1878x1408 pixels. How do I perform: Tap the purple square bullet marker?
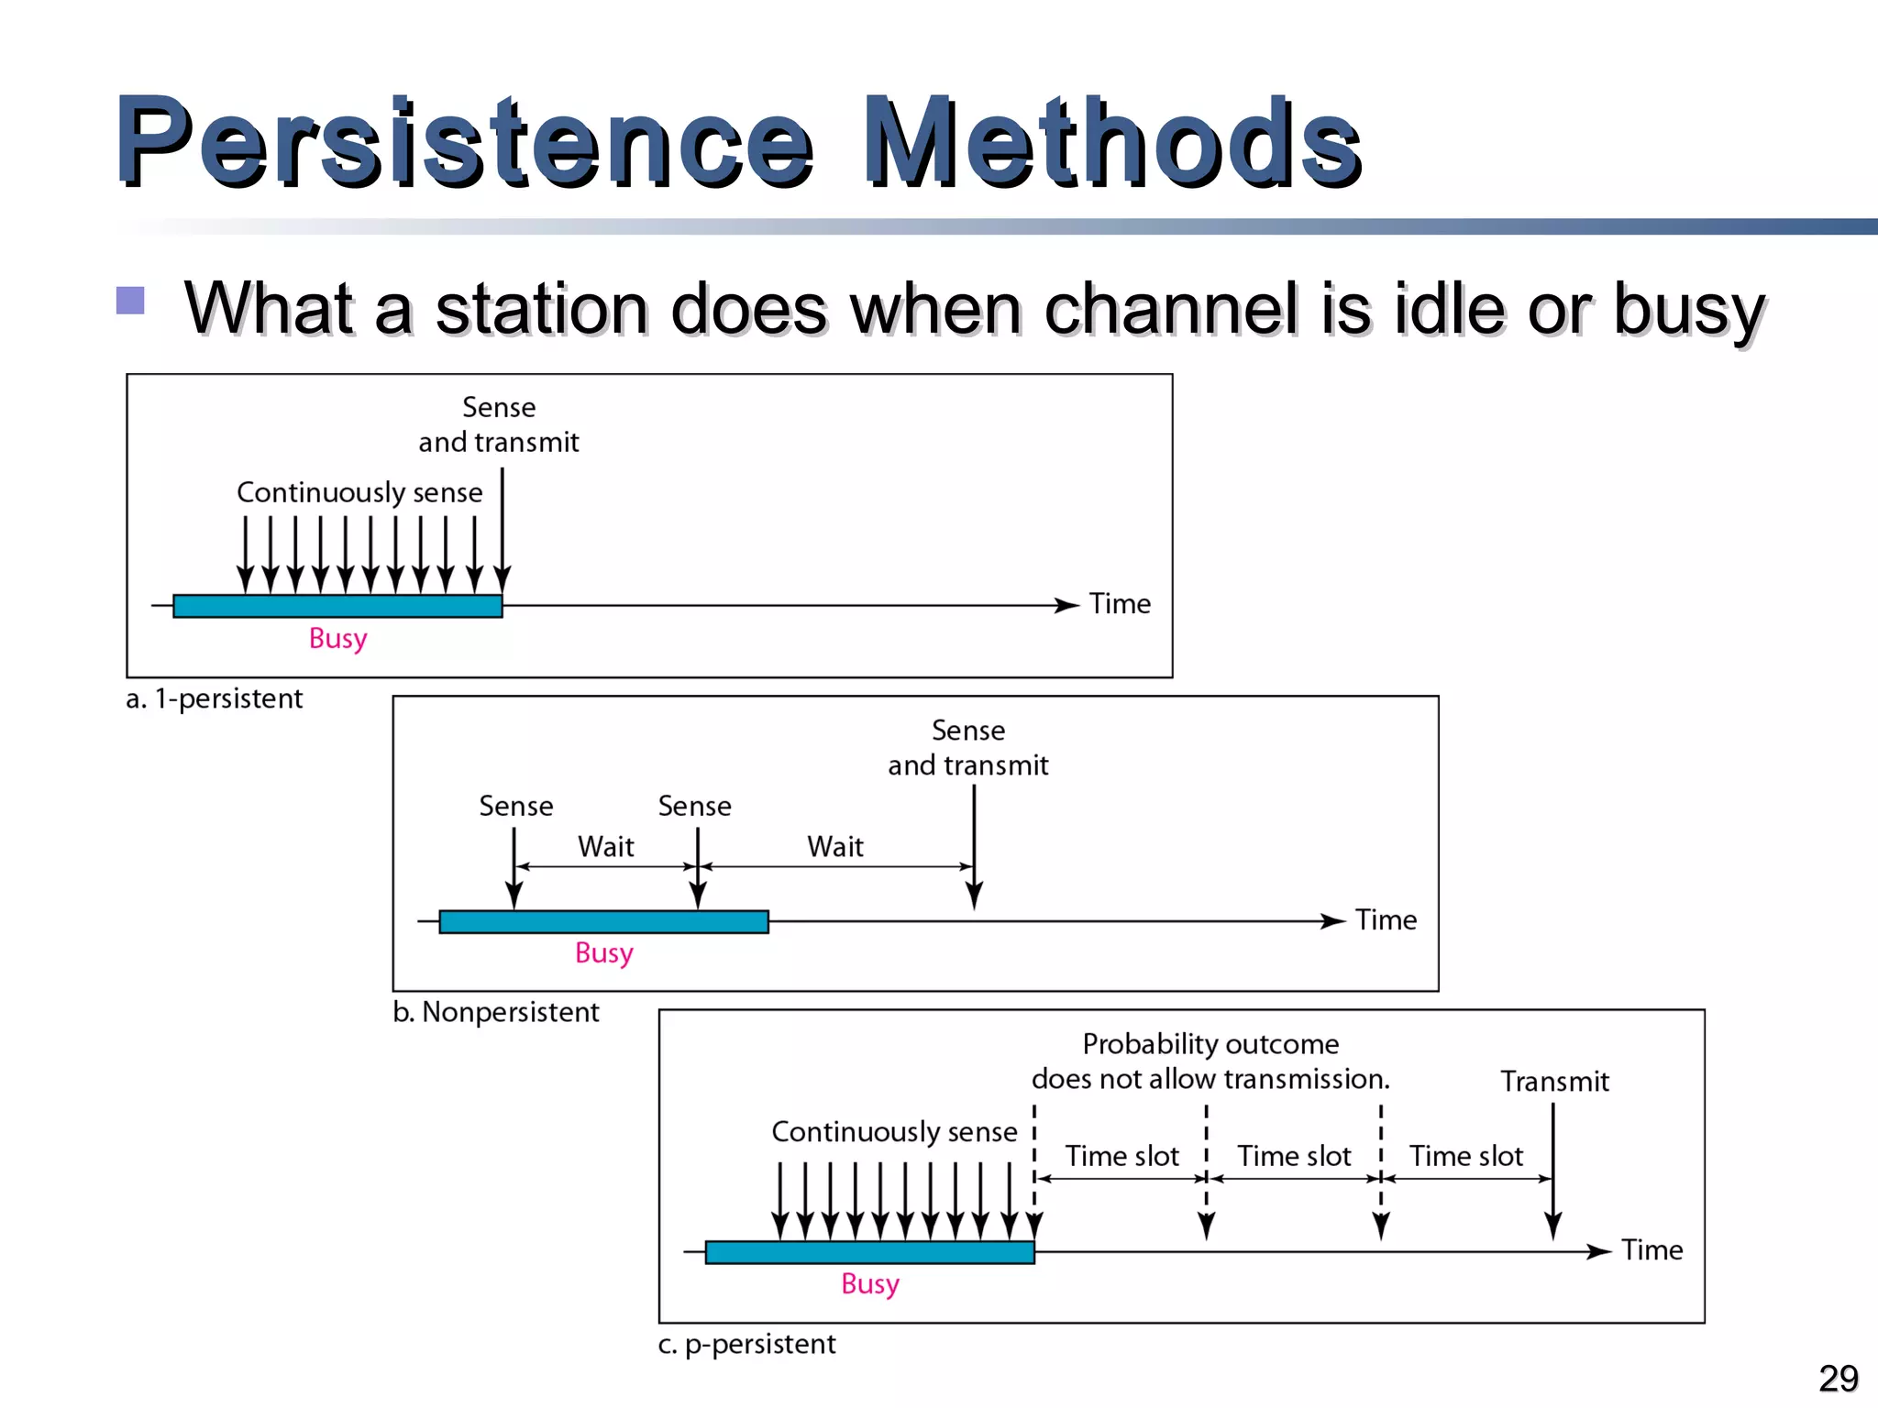click(x=130, y=301)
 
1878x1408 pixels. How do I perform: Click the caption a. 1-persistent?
click(x=214, y=699)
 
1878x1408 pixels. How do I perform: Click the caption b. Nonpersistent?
click(x=495, y=1013)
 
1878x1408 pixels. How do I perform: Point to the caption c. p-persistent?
click(x=746, y=1345)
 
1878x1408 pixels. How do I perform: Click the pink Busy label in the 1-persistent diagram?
click(x=337, y=638)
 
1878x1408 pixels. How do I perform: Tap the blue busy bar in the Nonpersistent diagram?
click(x=603, y=922)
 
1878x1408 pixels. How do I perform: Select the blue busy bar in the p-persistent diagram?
click(x=869, y=1252)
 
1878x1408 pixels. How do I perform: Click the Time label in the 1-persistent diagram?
click(x=1120, y=604)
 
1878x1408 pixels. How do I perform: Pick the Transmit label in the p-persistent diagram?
click(x=1554, y=1082)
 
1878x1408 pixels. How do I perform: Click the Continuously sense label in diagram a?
click(x=359, y=492)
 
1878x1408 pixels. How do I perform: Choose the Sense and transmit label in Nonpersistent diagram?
click(x=967, y=748)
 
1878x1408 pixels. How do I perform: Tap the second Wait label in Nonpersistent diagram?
click(x=834, y=846)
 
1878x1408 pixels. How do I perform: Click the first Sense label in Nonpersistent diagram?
click(x=515, y=807)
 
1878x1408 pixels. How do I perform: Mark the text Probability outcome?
click(x=1210, y=1044)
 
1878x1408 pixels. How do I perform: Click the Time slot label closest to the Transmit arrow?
click(x=1465, y=1156)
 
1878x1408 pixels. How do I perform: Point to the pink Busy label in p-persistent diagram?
click(x=869, y=1283)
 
